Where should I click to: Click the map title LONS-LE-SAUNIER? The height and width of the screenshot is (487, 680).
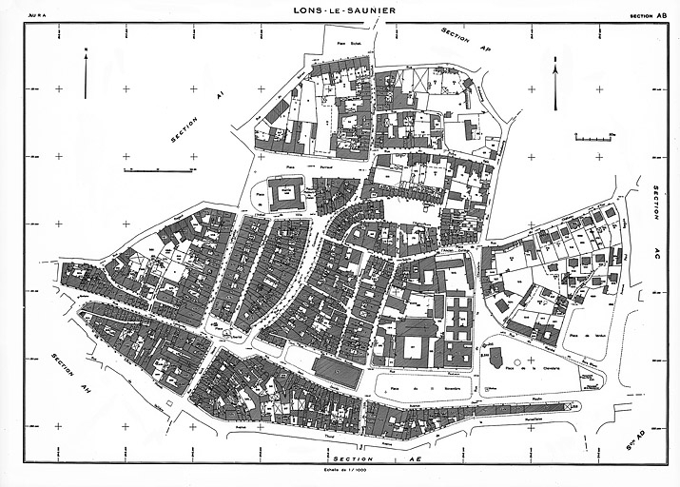(x=345, y=11)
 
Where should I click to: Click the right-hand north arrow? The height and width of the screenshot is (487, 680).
(x=555, y=72)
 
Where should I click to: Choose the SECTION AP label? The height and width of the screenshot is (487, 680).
(x=466, y=39)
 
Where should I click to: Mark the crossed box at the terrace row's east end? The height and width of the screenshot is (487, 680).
(x=568, y=406)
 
